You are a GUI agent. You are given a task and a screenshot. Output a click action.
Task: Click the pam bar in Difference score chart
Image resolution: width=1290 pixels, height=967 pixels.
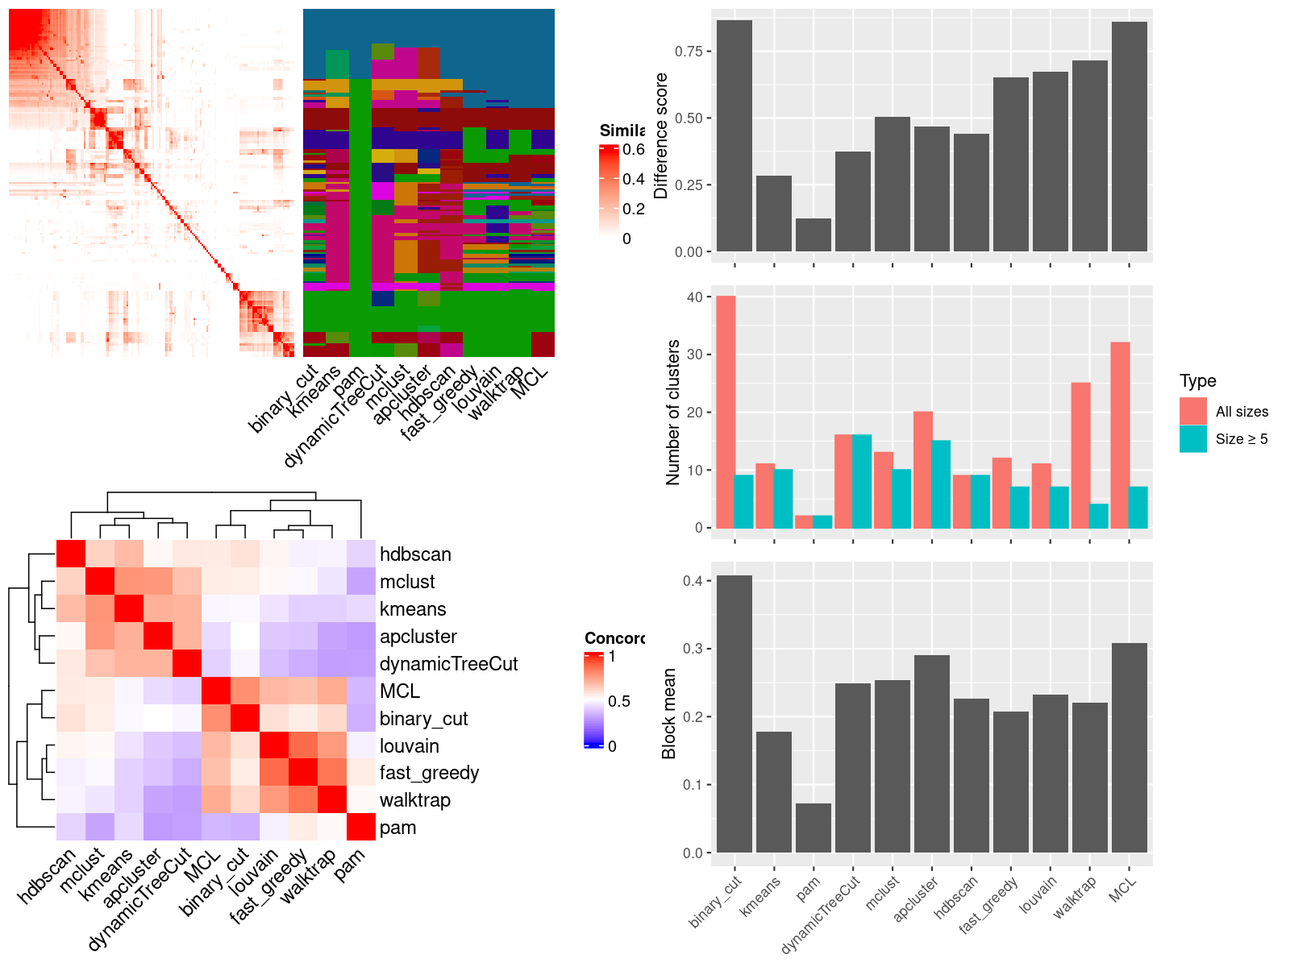tap(813, 235)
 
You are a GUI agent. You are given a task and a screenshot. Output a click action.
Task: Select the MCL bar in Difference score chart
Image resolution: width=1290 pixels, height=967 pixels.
tap(1129, 137)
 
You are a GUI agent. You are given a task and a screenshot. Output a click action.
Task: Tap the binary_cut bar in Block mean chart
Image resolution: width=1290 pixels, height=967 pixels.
tap(734, 714)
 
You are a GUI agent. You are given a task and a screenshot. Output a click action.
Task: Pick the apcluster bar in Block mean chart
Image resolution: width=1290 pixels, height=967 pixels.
tap(931, 753)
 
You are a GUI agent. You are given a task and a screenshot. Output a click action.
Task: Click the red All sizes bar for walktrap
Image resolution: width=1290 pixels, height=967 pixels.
tap(1080, 455)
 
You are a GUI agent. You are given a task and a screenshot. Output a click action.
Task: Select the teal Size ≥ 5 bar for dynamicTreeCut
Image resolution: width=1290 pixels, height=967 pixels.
tap(861, 481)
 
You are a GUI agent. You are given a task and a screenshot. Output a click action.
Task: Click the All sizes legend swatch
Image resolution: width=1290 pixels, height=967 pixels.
tap(1193, 411)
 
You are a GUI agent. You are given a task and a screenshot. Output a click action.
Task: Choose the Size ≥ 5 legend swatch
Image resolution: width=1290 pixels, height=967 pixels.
tap(1193, 439)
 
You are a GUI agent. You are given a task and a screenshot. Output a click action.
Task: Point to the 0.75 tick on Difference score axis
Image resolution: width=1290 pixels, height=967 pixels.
tap(689, 52)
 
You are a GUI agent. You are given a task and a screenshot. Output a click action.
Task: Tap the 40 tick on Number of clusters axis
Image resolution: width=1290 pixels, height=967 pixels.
tap(694, 297)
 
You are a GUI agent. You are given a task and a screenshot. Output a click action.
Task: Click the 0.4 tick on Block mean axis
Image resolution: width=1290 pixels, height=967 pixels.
tap(692, 581)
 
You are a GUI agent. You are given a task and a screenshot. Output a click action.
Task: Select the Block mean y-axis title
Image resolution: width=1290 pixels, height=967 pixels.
tap(668, 714)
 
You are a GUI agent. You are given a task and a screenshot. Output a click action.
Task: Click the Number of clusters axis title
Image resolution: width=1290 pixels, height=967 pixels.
tap(673, 412)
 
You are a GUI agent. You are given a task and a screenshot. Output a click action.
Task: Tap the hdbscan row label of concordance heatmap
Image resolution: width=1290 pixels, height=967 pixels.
tap(415, 554)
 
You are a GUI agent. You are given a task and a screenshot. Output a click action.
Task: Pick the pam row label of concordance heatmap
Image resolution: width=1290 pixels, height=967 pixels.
tap(397, 828)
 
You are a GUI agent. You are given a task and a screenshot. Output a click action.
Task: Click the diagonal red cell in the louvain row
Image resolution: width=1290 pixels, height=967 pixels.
tap(273, 745)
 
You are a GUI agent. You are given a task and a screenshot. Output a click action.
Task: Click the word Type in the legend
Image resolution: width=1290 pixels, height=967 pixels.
tap(1197, 381)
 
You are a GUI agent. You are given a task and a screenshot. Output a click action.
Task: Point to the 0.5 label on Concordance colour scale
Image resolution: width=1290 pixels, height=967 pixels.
tap(619, 701)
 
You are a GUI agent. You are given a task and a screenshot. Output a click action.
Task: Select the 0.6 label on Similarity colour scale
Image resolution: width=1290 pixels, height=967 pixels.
tap(634, 149)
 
